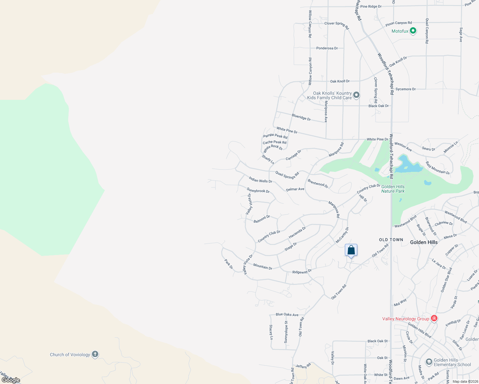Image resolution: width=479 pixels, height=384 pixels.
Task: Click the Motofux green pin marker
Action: pyautogui.click(x=413, y=31)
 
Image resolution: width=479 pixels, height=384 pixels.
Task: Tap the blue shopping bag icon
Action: pyautogui.click(x=351, y=250)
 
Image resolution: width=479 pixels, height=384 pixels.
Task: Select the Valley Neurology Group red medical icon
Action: pyautogui.click(x=434, y=318)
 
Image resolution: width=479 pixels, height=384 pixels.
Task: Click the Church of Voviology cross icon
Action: pyautogui.click(x=95, y=354)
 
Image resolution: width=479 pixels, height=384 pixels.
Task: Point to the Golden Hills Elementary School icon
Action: pyautogui.click(x=429, y=362)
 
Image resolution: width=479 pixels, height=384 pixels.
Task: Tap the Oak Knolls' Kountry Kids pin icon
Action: pyautogui.click(x=356, y=95)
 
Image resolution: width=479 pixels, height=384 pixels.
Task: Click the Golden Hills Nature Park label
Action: pyautogui.click(x=393, y=189)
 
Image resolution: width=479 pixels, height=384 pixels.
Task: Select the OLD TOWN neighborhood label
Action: pyautogui.click(x=391, y=240)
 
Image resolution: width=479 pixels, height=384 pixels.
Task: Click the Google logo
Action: pyautogui.click(x=11, y=380)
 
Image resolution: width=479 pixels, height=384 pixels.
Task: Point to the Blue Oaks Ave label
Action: pyautogui.click(x=287, y=315)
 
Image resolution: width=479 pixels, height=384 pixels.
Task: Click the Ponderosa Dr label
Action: pyautogui.click(x=327, y=48)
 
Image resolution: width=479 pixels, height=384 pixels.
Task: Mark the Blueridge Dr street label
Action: pyautogui.click(x=301, y=117)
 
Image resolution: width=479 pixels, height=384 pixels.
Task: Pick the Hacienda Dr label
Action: pyautogui.click(x=297, y=232)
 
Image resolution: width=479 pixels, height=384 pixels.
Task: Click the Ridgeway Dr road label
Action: pyautogui.click(x=302, y=272)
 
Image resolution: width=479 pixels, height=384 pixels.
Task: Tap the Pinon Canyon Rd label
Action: pyautogui.click(x=399, y=23)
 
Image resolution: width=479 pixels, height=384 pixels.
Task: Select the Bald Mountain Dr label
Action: pyautogui.click(x=437, y=168)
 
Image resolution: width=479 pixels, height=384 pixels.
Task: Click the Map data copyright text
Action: pyautogui.click(x=465, y=381)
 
